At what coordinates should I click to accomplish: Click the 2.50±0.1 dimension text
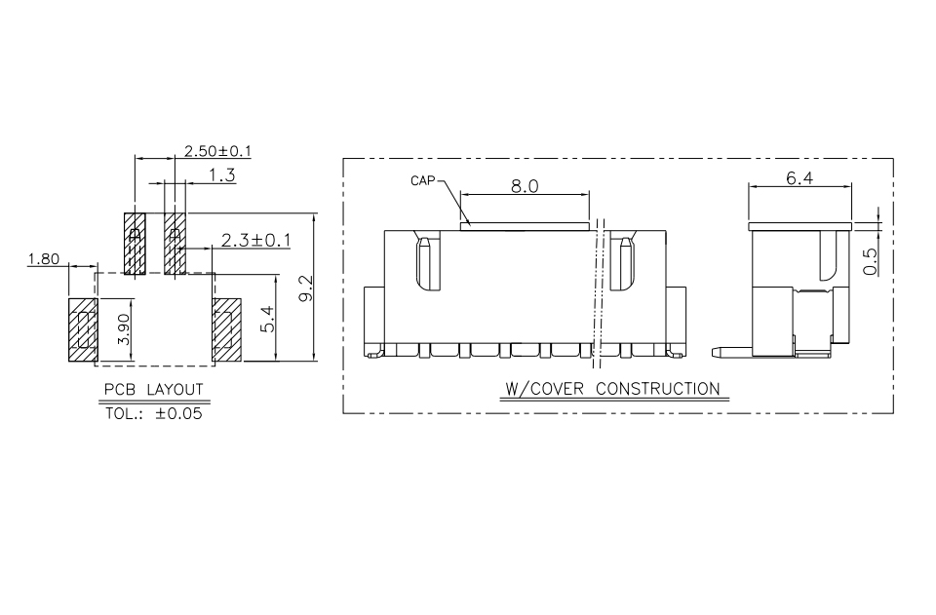[x=217, y=151]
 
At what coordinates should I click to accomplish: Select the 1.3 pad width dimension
[x=222, y=175]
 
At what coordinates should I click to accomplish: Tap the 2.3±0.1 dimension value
[x=256, y=241]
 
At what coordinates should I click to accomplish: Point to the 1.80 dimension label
[x=44, y=259]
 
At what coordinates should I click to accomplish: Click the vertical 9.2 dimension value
[x=305, y=288]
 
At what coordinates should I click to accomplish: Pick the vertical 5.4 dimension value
[x=267, y=319]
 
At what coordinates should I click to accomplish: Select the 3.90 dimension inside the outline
[x=124, y=329]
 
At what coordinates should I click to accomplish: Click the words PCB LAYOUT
[x=153, y=390]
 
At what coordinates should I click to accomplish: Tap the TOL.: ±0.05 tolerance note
[x=154, y=413]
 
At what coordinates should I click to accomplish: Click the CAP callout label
[x=422, y=180]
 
